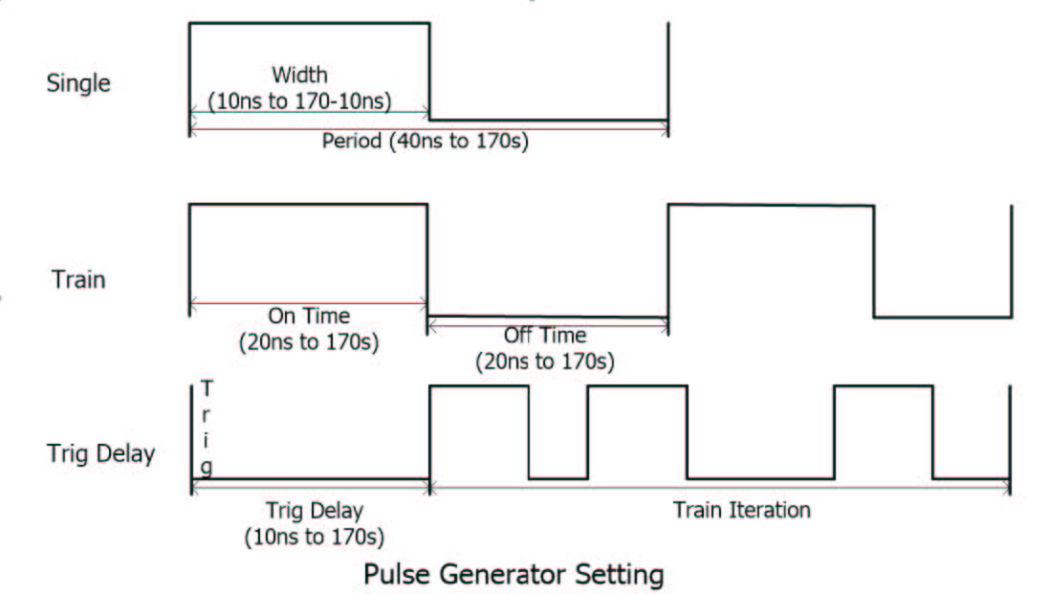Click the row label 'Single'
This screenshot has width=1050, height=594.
tap(78, 83)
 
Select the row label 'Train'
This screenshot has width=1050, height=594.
tap(78, 280)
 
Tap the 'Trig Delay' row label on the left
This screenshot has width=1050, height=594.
tap(100, 452)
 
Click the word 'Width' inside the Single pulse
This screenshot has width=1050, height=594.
tap(299, 75)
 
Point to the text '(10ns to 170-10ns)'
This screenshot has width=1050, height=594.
tap(299, 100)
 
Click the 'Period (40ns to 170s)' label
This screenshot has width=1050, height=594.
tap(426, 142)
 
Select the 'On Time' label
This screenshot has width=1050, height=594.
tap(309, 316)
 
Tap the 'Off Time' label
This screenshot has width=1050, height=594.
tap(545, 336)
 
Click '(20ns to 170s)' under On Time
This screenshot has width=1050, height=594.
tap(309, 341)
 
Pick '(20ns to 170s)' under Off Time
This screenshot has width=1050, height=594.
tap(545, 363)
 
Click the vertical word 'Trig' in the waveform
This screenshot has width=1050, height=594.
tap(207, 428)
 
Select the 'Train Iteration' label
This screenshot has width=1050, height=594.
tap(741, 510)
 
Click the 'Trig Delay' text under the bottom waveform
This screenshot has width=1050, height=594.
tap(315, 509)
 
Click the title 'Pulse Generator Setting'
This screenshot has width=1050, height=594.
tap(513, 575)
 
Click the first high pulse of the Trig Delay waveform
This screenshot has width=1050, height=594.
tap(479, 386)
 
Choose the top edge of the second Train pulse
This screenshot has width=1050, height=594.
tap(771, 205)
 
